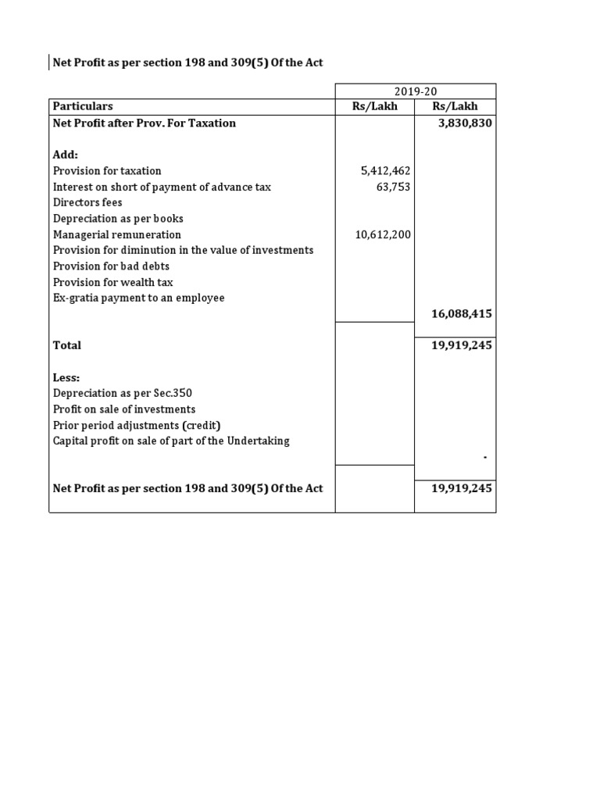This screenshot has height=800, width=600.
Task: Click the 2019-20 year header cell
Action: (416, 91)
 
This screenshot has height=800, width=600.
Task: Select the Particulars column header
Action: (83, 106)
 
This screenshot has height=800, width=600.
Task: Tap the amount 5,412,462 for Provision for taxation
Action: (383, 170)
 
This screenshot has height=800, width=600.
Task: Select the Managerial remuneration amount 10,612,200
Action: (383, 234)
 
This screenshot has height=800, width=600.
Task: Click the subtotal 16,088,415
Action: (462, 313)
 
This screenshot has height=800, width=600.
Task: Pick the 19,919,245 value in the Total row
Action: (462, 345)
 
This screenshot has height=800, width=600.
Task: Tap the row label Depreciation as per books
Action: (118, 219)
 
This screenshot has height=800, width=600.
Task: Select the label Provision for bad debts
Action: (111, 266)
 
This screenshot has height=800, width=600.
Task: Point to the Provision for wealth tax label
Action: (113, 282)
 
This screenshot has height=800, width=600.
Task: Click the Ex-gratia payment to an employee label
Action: (138, 298)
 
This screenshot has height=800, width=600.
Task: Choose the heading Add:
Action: (66, 155)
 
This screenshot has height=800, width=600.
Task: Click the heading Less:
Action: (66, 377)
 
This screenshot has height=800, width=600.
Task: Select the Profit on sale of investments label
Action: (124, 409)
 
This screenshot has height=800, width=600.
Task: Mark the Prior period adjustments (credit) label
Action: (137, 425)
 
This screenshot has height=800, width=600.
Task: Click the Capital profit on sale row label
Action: (171, 441)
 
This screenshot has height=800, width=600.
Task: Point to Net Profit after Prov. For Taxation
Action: (145, 123)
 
